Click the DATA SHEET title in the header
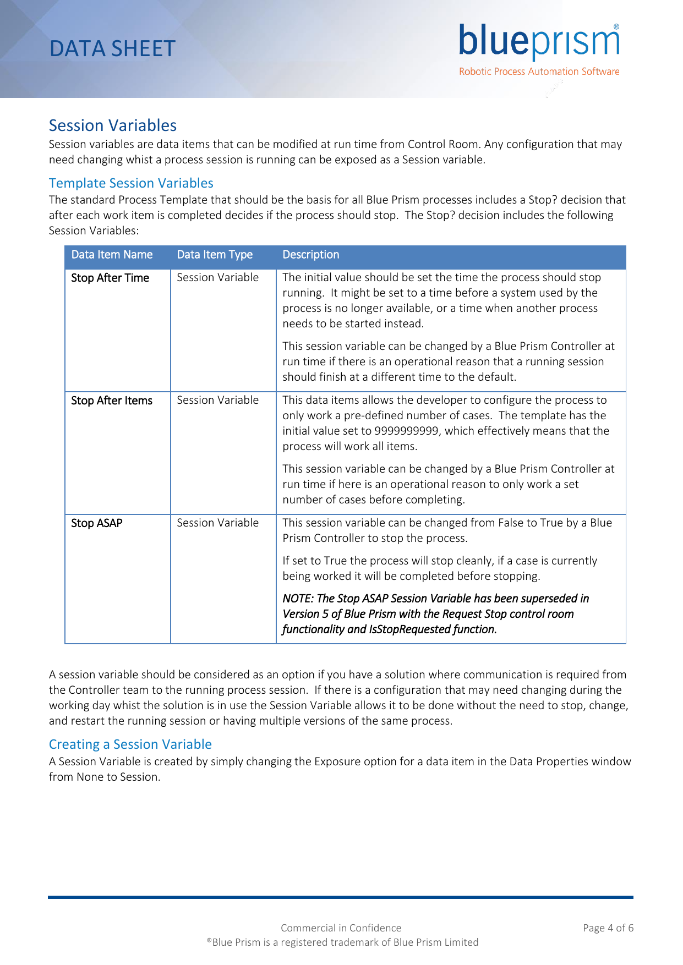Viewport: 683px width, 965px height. [112, 49]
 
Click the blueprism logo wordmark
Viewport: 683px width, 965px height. [538, 42]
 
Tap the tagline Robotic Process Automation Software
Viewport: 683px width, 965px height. [539, 72]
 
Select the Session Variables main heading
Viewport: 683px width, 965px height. [113, 125]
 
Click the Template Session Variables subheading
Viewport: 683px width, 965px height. [131, 183]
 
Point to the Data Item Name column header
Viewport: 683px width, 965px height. [112, 255]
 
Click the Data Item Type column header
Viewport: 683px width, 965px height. [215, 255]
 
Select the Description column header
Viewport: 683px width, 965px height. [310, 255]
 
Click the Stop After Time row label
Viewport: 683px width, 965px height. [110, 278]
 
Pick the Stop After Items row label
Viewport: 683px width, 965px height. [112, 401]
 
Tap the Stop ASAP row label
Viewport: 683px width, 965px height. [97, 523]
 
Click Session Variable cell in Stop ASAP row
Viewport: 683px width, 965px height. [217, 523]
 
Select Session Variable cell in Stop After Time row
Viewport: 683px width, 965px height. [217, 277]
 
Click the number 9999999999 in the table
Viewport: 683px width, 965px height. [406, 431]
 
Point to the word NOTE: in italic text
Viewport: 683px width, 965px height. [298, 599]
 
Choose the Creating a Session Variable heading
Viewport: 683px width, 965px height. [130, 744]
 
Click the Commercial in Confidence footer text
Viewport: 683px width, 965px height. [341, 928]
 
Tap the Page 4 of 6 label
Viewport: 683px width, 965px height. [608, 928]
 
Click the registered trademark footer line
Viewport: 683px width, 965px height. [342, 942]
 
